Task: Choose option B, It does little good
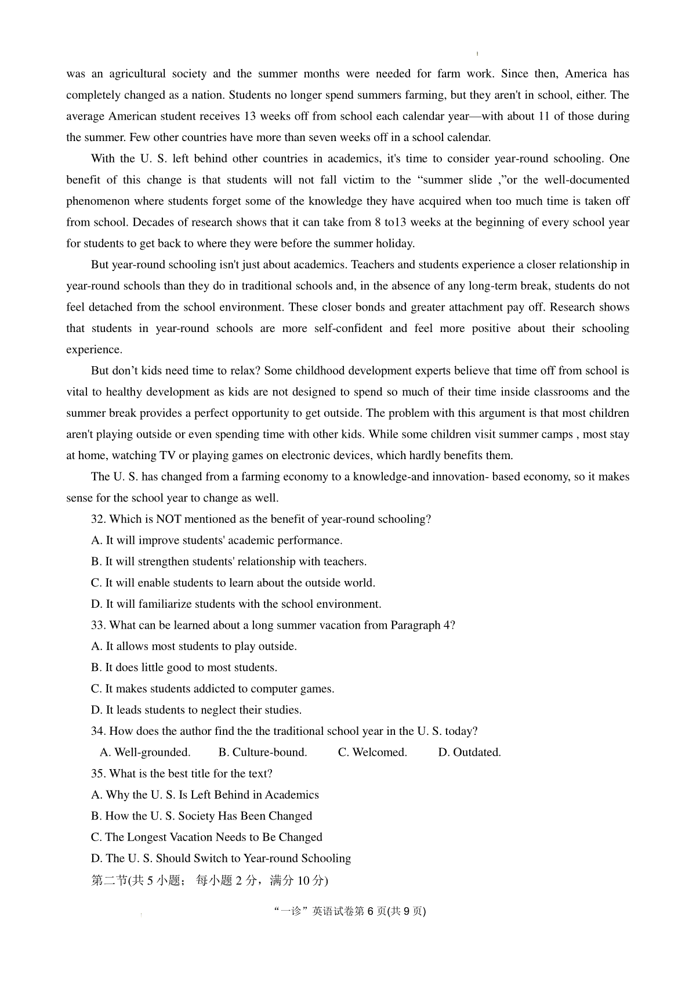tap(184, 668)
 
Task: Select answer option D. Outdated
tap(469, 752)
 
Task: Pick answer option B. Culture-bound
tap(263, 752)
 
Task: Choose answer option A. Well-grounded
tap(145, 752)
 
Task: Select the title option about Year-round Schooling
tap(221, 858)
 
